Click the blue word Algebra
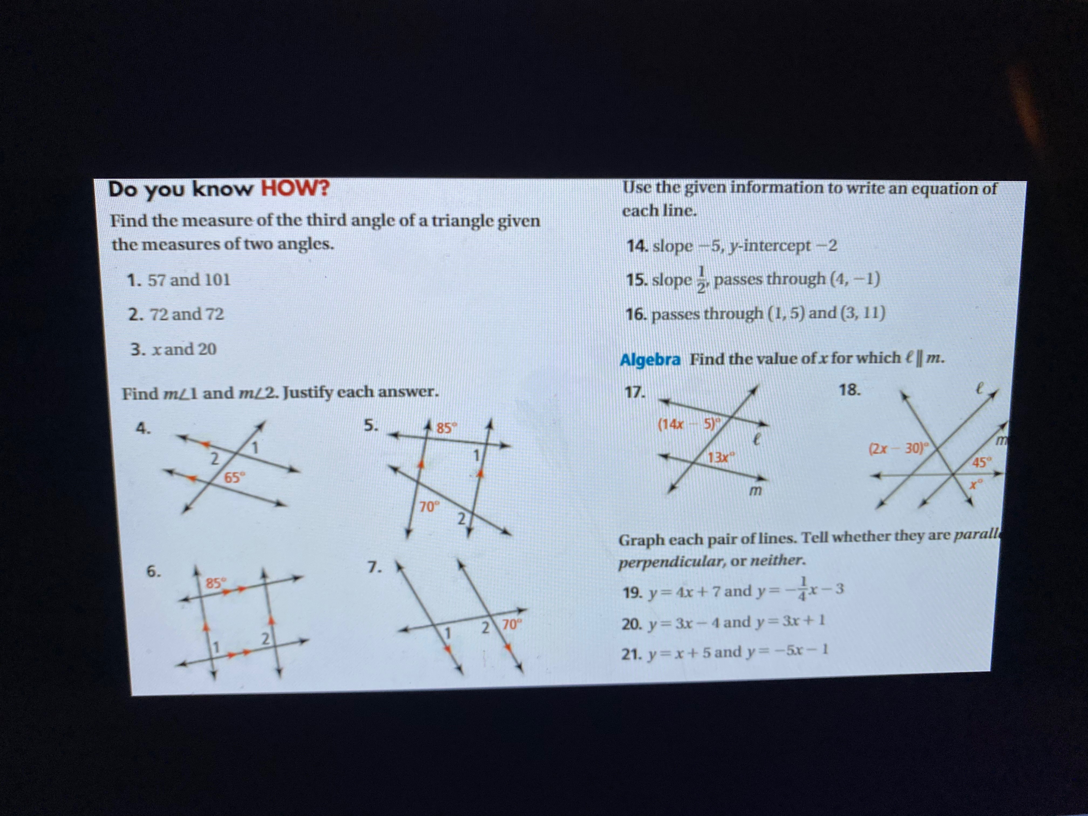point(650,359)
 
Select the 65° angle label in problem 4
point(234,477)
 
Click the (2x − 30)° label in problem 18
point(898,448)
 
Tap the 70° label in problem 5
point(429,506)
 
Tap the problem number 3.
point(137,350)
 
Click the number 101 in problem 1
point(217,280)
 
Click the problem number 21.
point(631,655)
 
